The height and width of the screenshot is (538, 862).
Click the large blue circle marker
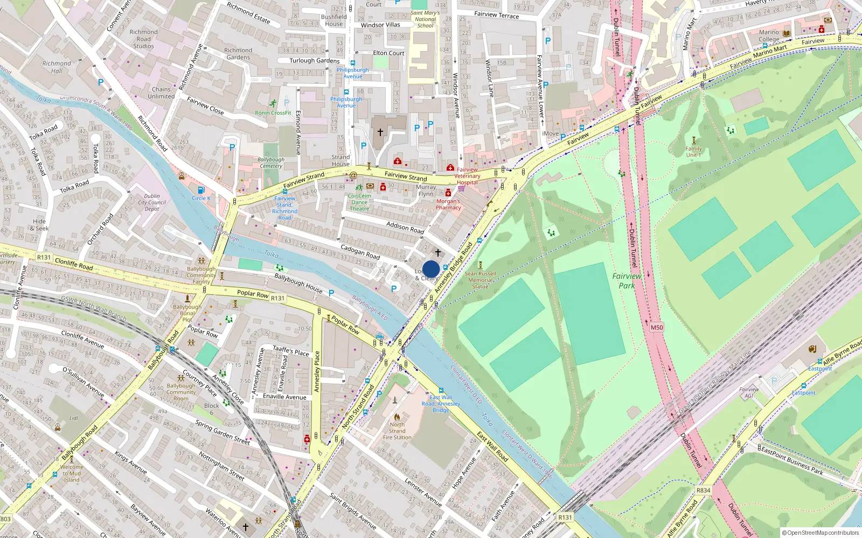coord(431,269)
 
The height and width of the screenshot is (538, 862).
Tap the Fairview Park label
coord(627,281)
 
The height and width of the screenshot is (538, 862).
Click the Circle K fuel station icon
coord(201,190)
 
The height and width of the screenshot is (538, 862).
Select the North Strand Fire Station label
coord(397,431)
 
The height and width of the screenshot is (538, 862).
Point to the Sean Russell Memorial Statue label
coord(480,280)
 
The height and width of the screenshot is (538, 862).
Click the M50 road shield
coord(657,327)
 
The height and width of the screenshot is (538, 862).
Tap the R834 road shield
coord(703,490)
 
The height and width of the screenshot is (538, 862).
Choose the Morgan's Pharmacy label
coord(448,204)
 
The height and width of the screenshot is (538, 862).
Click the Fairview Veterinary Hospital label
coord(467,176)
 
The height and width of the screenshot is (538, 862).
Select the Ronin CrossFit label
coord(273,113)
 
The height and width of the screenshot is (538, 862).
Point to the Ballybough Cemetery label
coord(271,162)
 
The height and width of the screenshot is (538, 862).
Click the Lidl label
coord(74,418)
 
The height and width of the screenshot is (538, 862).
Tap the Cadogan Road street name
coord(360,251)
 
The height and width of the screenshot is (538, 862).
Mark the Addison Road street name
coord(405,227)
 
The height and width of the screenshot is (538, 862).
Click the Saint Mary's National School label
coord(425,19)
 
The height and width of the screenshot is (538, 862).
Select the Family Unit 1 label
coord(693,152)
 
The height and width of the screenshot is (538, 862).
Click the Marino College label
coord(769,36)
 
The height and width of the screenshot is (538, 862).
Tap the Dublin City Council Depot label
coord(152,203)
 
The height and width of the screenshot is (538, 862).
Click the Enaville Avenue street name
coord(284,397)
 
